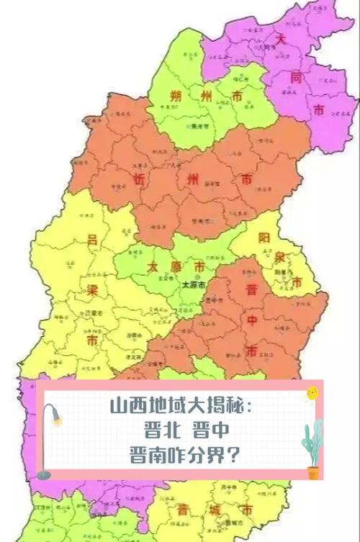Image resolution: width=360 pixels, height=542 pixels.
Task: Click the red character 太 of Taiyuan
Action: point(153,266)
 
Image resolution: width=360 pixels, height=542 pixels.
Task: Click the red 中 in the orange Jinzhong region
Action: point(251,320)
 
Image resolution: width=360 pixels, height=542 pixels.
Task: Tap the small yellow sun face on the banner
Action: point(312,394)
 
